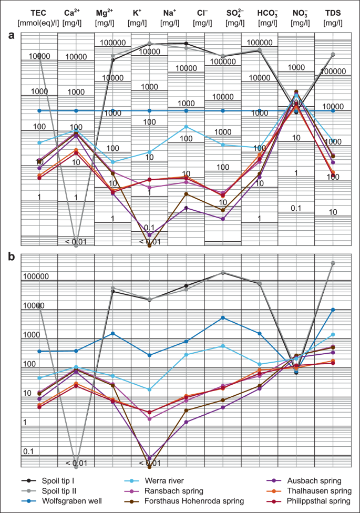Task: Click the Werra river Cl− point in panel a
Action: (x=186, y=127)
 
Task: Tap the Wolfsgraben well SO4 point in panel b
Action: (x=223, y=317)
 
